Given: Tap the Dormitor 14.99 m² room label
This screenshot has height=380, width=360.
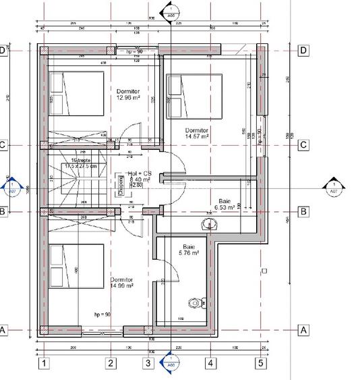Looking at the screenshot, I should coord(122,282).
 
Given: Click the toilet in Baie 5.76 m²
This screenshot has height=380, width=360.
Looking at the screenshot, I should coord(196,304).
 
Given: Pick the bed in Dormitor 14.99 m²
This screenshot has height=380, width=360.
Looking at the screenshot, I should coord(75,267).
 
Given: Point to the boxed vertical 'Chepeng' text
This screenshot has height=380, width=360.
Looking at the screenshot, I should coord(121,184).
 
